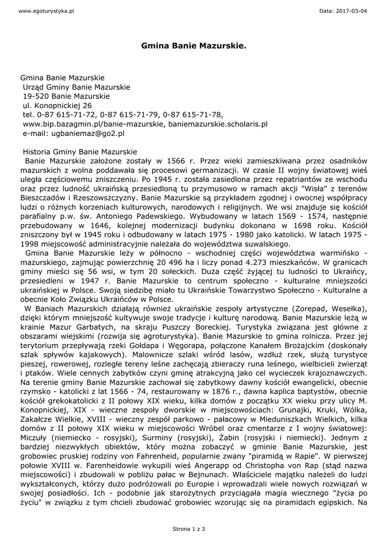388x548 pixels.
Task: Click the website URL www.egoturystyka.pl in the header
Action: click(x=39, y=11)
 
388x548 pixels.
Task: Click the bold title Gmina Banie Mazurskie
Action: click(x=194, y=47)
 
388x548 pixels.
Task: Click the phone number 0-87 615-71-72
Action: click(x=66, y=115)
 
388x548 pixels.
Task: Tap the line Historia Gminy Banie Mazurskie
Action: click(x=80, y=151)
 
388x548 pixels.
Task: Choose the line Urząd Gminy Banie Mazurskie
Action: click(x=76, y=87)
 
